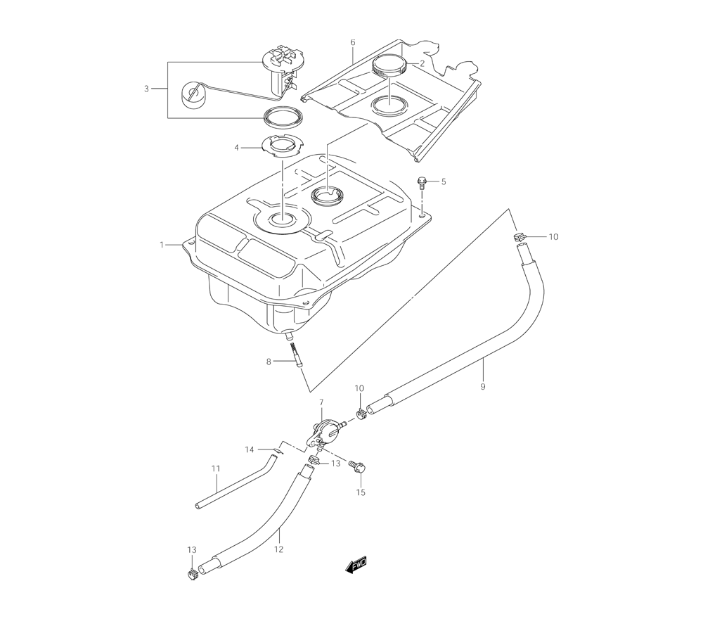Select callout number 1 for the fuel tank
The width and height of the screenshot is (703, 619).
pos(162,245)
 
